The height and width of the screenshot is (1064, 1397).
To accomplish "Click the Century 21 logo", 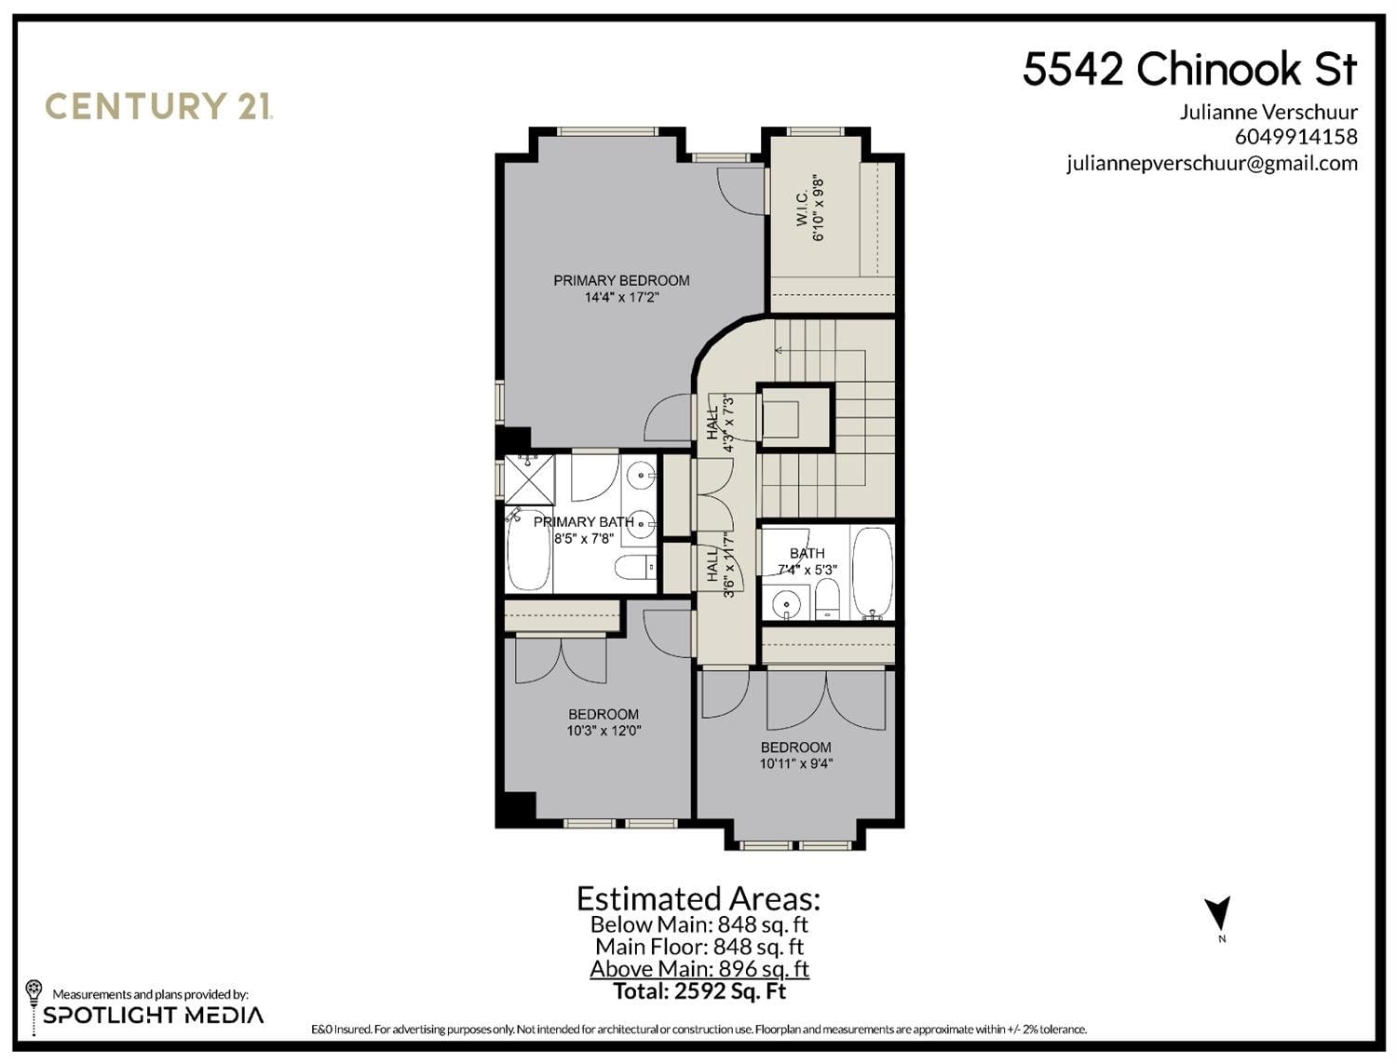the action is (159, 106).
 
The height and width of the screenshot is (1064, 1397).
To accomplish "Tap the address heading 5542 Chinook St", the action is (1190, 69).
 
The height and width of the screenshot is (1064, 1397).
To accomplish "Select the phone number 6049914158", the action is (1296, 137).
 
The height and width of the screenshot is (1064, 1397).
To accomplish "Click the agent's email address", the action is (1213, 164).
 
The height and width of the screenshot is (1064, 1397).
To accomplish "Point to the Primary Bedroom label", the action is (621, 280).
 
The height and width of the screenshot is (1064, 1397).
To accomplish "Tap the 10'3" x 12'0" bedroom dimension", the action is (604, 731).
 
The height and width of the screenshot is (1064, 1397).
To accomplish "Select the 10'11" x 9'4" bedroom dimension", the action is (795, 763).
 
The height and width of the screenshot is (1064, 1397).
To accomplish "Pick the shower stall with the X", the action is (530, 478).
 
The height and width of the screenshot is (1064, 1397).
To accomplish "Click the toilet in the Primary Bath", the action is (635, 567).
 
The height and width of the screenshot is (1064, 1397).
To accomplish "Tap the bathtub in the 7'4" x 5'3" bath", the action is (873, 572).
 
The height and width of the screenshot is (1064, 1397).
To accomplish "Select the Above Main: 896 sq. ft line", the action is (699, 969).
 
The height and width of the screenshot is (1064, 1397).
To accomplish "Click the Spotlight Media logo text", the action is (154, 1016).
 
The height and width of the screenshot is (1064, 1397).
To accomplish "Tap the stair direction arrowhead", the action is (779, 350).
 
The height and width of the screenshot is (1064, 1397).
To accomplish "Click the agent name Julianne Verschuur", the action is (1269, 112).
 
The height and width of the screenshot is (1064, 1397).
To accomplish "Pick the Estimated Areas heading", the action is (698, 899).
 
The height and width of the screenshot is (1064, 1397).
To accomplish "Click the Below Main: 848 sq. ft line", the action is (699, 924).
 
